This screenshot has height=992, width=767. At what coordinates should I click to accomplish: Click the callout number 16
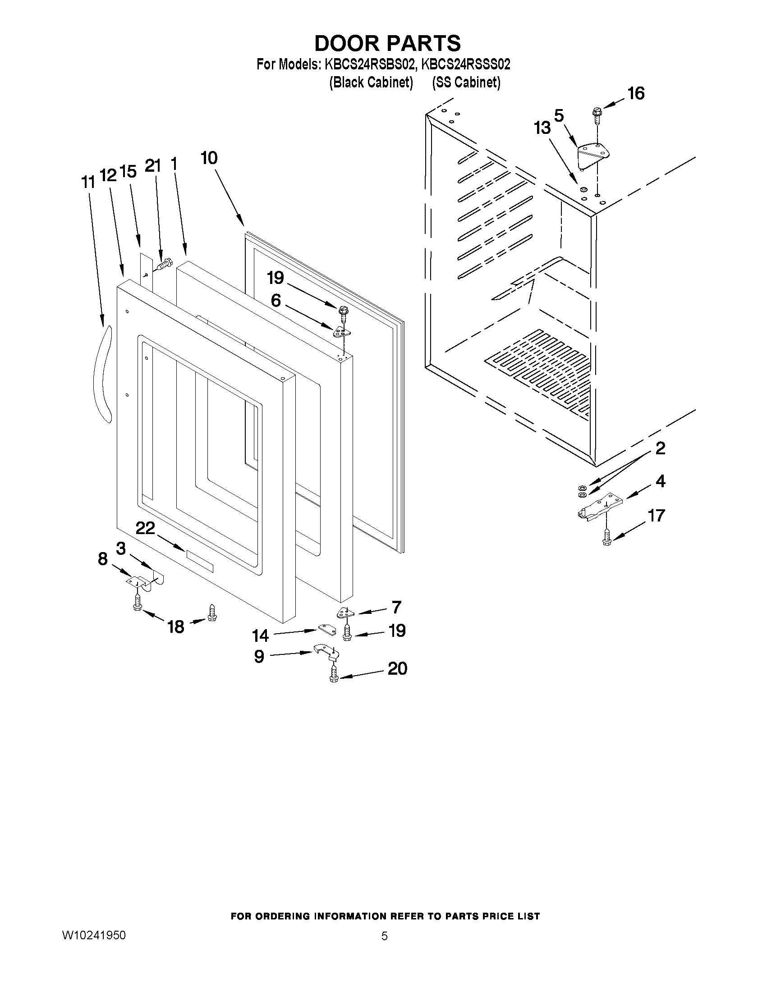(x=636, y=94)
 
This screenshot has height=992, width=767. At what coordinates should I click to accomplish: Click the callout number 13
(x=542, y=128)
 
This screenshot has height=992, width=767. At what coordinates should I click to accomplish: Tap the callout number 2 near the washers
(x=660, y=448)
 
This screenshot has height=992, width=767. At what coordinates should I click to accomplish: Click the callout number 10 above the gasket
(x=209, y=158)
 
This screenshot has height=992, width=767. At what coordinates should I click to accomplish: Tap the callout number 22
(x=145, y=528)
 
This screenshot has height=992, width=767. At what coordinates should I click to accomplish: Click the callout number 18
(x=176, y=627)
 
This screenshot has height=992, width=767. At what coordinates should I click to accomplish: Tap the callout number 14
(x=260, y=635)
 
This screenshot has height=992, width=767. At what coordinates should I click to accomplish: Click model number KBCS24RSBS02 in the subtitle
(x=369, y=64)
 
